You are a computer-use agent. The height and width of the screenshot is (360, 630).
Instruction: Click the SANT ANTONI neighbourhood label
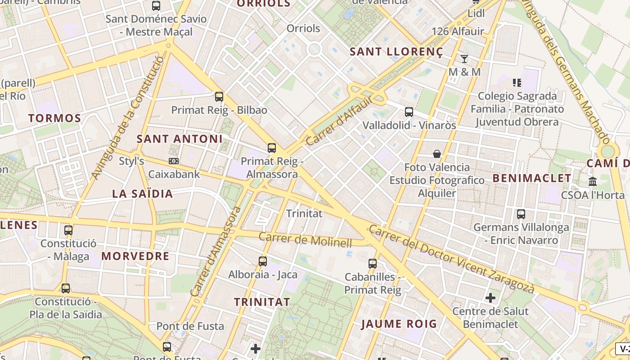pyautogui.click(x=180, y=139)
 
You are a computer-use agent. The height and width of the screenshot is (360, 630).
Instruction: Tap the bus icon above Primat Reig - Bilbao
pyautogui.click(x=219, y=96)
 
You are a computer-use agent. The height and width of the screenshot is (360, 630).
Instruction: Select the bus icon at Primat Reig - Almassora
pyautogui.click(x=272, y=148)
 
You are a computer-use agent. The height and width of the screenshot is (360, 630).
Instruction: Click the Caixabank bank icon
pyautogui.click(x=173, y=161)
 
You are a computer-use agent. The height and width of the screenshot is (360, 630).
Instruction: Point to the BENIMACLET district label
pyautogui.click(x=532, y=178)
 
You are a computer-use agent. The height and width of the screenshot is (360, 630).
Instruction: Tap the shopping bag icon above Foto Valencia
pyautogui.click(x=436, y=154)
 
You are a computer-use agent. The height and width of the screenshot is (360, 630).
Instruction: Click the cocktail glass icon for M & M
pyautogui.click(x=464, y=58)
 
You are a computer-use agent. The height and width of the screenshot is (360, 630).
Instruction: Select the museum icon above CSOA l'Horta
pyautogui.click(x=593, y=182)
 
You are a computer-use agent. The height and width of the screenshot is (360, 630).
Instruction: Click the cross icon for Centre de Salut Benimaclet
pyautogui.click(x=490, y=298)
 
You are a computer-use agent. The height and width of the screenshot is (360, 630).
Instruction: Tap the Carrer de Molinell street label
pyautogui.click(x=305, y=239)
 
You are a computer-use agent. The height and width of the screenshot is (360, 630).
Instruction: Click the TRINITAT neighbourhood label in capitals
pyautogui.click(x=262, y=302)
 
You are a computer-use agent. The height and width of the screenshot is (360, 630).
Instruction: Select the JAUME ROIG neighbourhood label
pyautogui.click(x=399, y=324)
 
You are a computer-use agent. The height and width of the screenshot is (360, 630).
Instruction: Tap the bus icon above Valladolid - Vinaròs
pyautogui.click(x=409, y=112)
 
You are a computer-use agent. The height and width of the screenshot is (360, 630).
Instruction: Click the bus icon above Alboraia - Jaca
pyautogui.click(x=263, y=261)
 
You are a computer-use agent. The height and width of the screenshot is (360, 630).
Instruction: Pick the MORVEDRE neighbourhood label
pyautogui.click(x=135, y=256)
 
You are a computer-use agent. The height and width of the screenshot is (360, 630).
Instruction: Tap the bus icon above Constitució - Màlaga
pyautogui.click(x=68, y=230)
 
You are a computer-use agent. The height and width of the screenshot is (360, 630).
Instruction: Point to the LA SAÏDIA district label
pyautogui.click(x=142, y=194)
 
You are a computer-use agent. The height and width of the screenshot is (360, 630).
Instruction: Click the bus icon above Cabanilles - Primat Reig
pyautogui.click(x=373, y=264)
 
